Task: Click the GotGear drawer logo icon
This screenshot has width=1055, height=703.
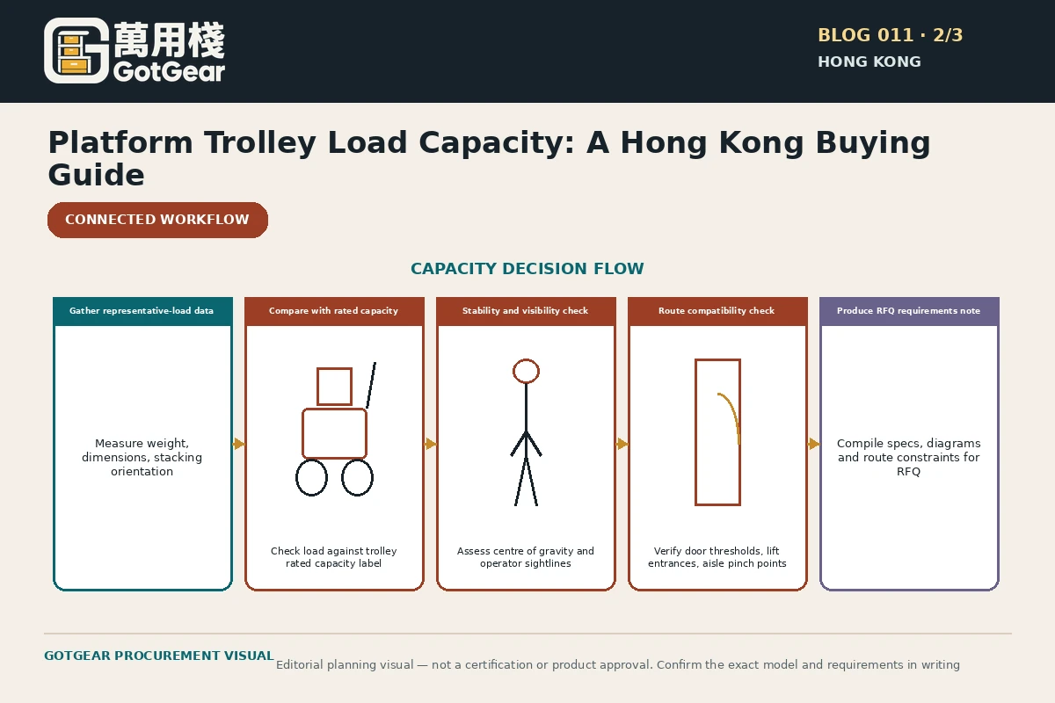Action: [76, 51]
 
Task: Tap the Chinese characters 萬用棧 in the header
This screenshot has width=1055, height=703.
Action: [169, 40]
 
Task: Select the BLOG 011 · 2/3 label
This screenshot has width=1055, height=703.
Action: [890, 35]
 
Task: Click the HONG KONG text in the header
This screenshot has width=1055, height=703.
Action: [869, 62]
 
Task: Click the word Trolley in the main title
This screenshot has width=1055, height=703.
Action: [259, 142]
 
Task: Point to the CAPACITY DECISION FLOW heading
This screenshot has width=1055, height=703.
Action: [527, 268]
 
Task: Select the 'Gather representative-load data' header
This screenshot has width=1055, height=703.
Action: [142, 311]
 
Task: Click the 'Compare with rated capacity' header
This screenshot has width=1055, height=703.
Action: [333, 311]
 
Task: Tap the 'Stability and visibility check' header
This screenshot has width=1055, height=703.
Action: [525, 311]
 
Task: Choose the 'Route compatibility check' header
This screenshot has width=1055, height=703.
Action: [717, 311]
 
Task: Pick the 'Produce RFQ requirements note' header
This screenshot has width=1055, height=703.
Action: [908, 311]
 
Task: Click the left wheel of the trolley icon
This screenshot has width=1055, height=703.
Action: [311, 478]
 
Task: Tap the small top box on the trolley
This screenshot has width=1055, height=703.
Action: [334, 387]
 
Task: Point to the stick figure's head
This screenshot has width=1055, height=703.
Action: [526, 371]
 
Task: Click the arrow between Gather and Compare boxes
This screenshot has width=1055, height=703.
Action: [239, 444]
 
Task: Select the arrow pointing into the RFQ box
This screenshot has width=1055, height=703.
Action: [814, 444]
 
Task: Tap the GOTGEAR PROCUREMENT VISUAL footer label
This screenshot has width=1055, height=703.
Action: [159, 656]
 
